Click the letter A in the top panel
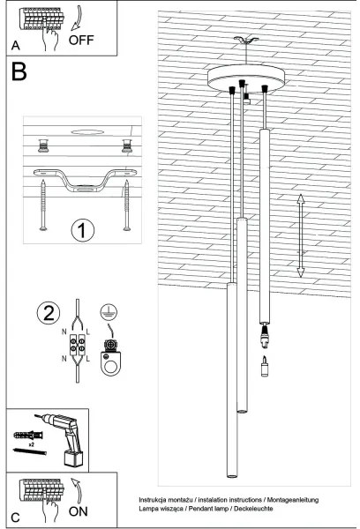point(13,45)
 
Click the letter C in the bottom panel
point(13,516)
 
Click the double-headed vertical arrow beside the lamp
point(300,235)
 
